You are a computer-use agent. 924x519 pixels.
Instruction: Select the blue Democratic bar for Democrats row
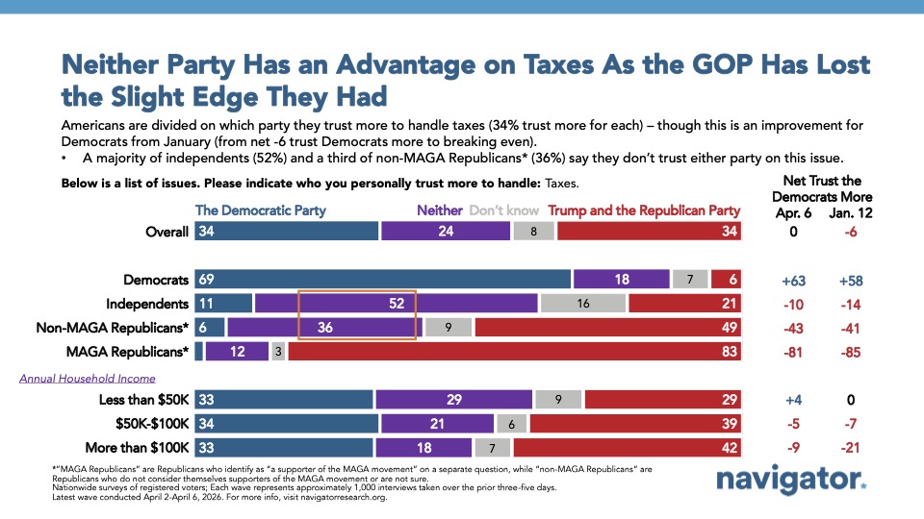[x=383, y=278]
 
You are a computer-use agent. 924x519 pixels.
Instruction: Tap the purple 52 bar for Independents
[x=396, y=303]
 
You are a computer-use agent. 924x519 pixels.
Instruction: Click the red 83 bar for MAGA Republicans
[x=515, y=352]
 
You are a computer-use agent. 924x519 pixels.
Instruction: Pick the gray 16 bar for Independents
[x=583, y=303]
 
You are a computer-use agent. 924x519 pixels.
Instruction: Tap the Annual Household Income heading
[x=87, y=378]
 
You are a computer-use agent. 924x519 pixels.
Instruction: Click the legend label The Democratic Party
[x=260, y=210]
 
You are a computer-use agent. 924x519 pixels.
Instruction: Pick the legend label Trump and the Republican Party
[x=644, y=210]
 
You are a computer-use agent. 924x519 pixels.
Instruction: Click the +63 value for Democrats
[x=793, y=279]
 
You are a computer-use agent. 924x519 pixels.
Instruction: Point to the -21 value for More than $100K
[x=849, y=447]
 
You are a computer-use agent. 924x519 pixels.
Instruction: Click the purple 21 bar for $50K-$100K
[x=437, y=423]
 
